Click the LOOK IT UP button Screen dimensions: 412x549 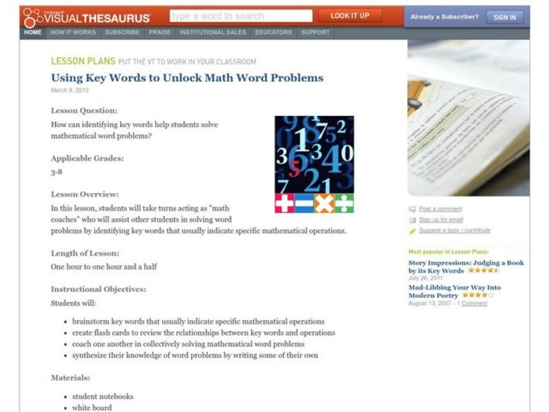pyautogui.click(x=349, y=15)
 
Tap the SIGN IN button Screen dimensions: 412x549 pyautogui.click(x=504, y=17)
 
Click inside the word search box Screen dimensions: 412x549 pyautogui.click(x=240, y=16)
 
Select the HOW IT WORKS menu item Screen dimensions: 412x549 pyautogui.click(x=73, y=32)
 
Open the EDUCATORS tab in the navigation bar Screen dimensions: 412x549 pyautogui.click(x=273, y=32)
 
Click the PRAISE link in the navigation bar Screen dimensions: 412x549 pyautogui.click(x=160, y=32)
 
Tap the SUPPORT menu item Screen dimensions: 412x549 pyautogui.click(x=315, y=32)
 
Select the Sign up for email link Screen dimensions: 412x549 pyautogui.click(x=441, y=220)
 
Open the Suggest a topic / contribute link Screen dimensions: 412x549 pyautogui.click(x=454, y=231)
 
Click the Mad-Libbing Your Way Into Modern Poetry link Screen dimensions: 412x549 pyautogui.click(x=454, y=291)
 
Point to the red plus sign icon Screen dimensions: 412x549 pyautogui.click(x=284, y=204)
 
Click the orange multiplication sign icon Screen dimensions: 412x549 pyautogui.click(x=324, y=204)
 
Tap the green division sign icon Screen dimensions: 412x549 pyautogui.click(x=344, y=204)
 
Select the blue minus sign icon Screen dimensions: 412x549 pyautogui.click(x=304, y=204)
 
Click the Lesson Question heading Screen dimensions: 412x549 pyautogui.click(x=84, y=110)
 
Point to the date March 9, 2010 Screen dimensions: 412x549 pyautogui.click(x=69, y=90)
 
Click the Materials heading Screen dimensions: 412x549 pyautogui.click(x=70, y=377)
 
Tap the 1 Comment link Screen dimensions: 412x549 pyautogui.click(x=474, y=303)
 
